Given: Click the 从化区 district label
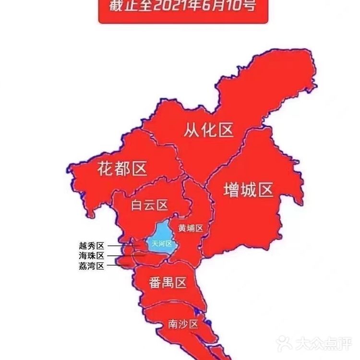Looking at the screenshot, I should click(x=208, y=130).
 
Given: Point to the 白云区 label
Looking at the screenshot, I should click(x=149, y=205).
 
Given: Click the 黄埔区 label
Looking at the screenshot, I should click(x=191, y=228).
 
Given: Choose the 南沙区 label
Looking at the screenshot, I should click(x=183, y=324).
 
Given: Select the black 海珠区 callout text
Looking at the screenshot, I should click(x=91, y=256).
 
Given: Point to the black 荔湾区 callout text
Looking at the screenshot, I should click(x=91, y=266).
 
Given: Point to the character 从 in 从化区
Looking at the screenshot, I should click(x=192, y=130).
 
